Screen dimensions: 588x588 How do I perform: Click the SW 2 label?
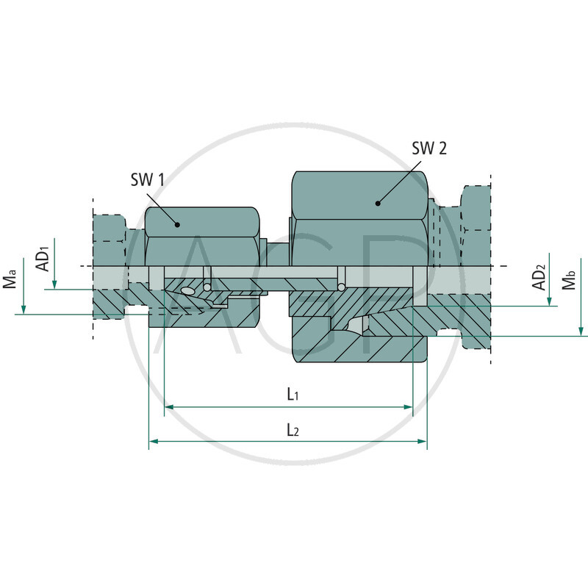[x=429, y=148]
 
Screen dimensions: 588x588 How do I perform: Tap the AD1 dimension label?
[x=43, y=259]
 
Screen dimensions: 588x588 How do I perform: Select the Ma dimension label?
[x=10, y=281]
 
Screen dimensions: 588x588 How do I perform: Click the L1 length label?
[x=292, y=395]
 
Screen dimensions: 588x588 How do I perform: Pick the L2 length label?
[x=292, y=430]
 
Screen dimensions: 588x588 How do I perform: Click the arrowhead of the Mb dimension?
[x=581, y=331]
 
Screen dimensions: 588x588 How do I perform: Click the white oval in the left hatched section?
[x=187, y=291]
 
